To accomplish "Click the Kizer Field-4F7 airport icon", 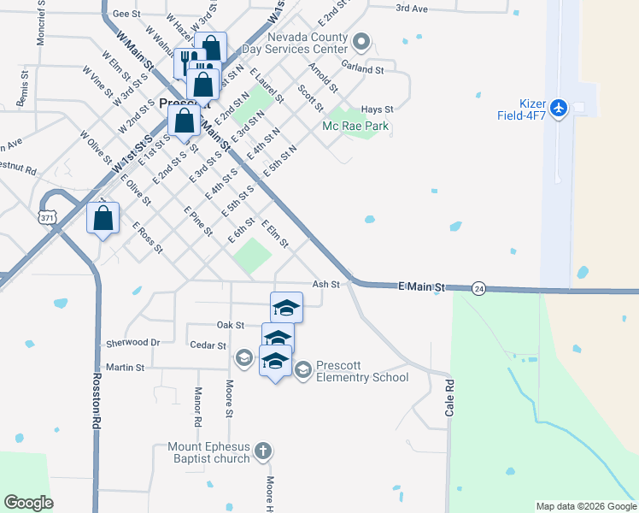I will (559, 108).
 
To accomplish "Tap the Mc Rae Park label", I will (355, 126).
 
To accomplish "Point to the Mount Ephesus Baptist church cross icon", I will (264, 450).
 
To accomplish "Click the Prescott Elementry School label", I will (362, 371).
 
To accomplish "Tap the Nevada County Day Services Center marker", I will (361, 41).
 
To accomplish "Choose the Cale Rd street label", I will (449, 398).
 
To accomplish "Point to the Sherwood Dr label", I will (132, 342).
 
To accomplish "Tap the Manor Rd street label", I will (197, 407).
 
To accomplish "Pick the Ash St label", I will (326, 284).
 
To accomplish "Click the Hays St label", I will (377, 109).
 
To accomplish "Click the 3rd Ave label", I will (411, 9).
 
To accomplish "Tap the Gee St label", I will (126, 14).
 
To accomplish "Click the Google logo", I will (29, 503).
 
